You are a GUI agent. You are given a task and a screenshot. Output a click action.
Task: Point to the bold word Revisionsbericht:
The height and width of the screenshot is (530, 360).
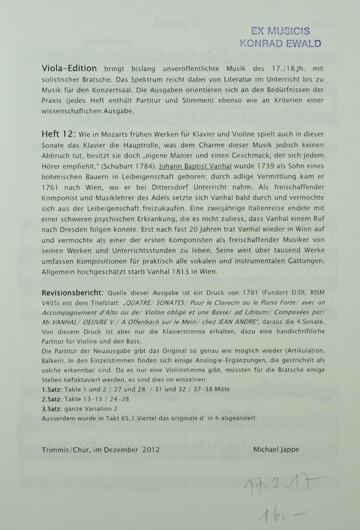(x=72, y=293)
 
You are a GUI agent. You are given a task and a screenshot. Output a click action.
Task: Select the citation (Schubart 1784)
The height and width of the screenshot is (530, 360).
(x=124, y=165)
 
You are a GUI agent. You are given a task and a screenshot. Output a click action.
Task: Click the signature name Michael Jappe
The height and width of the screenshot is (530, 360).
(x=277, y=449)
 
